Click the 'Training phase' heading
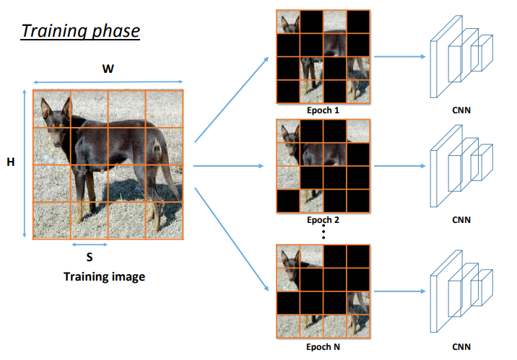(x=79, y=31)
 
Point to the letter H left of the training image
(x=11, y=163)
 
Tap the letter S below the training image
(x=89, y=256)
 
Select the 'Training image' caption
(x=104, y=276)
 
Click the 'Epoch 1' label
(x=322, y=110)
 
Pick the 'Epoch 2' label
(x=322, y=219)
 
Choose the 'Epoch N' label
(x=322, y=346)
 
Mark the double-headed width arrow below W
(x=106, y=82)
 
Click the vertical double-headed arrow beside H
(x=26, y=163)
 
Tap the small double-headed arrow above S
(x=89, y=245)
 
